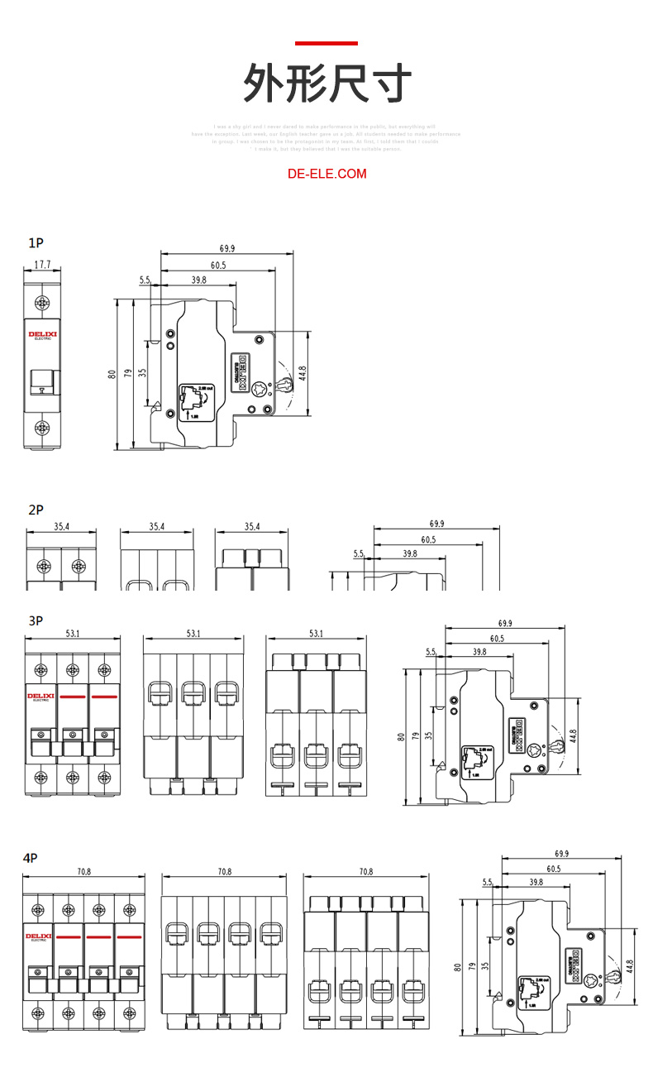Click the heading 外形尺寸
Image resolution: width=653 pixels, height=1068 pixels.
coord(326,84)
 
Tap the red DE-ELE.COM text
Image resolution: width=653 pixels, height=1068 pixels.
coord(326,174)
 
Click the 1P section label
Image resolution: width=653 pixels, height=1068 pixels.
coord(36,243)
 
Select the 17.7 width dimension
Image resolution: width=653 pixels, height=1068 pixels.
coord(42,265)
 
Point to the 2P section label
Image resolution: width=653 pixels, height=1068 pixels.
coord(36,510)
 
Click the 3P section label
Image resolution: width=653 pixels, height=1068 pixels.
coord(36,620)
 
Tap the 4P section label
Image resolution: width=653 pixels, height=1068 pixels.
coord(31,858)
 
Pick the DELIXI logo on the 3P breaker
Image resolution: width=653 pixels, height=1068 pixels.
coord(41,697)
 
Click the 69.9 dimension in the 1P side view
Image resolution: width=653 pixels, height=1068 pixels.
coord(227,248)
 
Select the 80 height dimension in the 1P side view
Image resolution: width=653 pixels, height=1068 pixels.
coord(112,374)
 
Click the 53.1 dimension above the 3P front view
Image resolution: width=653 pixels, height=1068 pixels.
coord(73,634)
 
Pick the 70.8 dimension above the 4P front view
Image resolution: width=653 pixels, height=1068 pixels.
coord(83,872)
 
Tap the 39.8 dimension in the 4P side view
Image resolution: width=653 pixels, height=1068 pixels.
coord(536,883)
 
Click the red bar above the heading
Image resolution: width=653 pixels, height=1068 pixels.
coord(326,43)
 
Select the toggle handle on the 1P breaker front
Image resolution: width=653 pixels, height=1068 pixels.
coord(41,381)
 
